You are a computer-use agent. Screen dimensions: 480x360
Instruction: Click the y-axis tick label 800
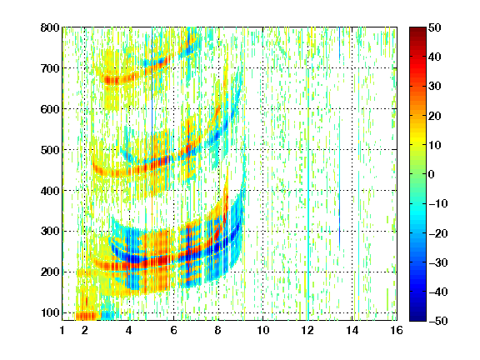50,27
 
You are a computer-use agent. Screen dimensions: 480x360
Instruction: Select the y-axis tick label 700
50,68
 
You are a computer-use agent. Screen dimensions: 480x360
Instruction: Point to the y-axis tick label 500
50,150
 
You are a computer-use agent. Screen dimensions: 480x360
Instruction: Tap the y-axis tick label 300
50,232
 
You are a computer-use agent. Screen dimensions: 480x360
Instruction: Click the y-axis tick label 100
50,312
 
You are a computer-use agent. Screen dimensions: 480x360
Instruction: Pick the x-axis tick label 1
62,330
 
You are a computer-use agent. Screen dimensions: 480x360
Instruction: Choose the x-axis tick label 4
129,330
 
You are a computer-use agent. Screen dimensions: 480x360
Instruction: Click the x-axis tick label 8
218,330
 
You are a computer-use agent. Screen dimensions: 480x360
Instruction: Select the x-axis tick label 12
307,330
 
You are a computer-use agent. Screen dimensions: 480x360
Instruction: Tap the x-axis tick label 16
397,330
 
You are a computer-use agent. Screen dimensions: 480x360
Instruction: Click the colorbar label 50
435,27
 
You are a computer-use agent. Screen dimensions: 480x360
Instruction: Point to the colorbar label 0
432,174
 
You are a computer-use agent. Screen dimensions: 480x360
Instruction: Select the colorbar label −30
438,262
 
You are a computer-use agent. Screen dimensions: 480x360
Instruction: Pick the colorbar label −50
438,321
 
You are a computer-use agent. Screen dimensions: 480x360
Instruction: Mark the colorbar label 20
435,116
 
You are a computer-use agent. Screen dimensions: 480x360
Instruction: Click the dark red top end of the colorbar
417,29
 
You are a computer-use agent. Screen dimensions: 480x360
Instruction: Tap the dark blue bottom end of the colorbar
417,318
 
